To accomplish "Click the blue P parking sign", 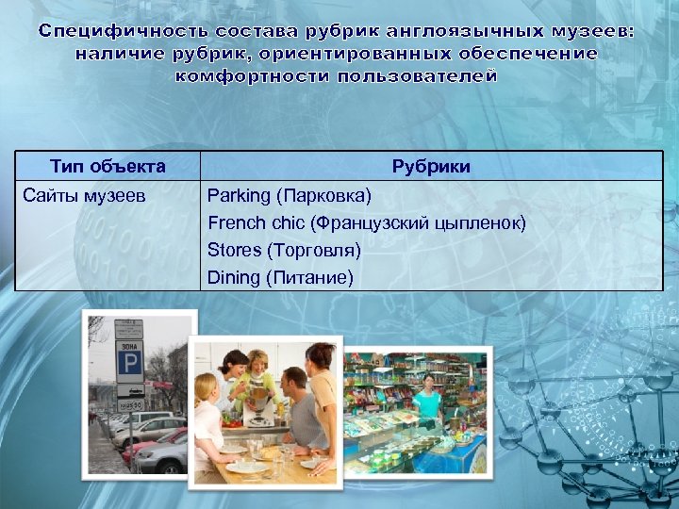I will (129, 361).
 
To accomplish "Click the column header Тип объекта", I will (108, 167).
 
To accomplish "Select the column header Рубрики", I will (431, 167).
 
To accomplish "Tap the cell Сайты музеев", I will (84, 196).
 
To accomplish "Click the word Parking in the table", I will (238, 196).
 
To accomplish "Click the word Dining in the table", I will (233, 277).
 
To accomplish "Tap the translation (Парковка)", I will (323, 196).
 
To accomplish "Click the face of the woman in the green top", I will (261, 363).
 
